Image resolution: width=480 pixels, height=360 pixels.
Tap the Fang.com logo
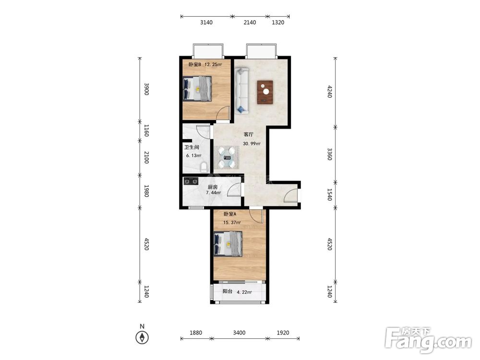(x=428, y=340)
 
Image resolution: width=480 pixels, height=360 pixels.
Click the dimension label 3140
(x=206, y=23)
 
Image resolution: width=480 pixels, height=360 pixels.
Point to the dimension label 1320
(x=278, y=23)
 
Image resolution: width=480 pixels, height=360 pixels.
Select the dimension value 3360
(x=329, y=154)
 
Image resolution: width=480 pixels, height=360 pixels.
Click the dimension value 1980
(x=146, y=191)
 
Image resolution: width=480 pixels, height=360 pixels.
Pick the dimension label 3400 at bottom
(x=239, y=333)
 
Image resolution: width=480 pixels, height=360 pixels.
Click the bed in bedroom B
(x=197, y=88)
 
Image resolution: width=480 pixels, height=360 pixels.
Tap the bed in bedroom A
(x=228, y=244)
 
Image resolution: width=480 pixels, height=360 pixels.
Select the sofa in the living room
(x=242, y=91)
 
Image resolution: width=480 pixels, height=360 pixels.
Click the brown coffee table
(x=265, y=92)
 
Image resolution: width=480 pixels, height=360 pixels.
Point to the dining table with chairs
(x=227, y=157)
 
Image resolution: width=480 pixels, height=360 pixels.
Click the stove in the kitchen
(x=191, y=181)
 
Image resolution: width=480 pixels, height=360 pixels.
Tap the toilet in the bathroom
(x=204, y=168)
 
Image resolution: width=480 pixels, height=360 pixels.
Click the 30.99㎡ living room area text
(x=252, y=144)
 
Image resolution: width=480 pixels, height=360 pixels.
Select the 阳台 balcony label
(x=228, y=291)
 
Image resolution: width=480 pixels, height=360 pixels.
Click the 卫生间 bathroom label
(x=192, y=147)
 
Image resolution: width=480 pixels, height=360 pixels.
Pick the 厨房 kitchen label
(x=213, y=187)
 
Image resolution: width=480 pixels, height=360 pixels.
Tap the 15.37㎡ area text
(x=232, y=223)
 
